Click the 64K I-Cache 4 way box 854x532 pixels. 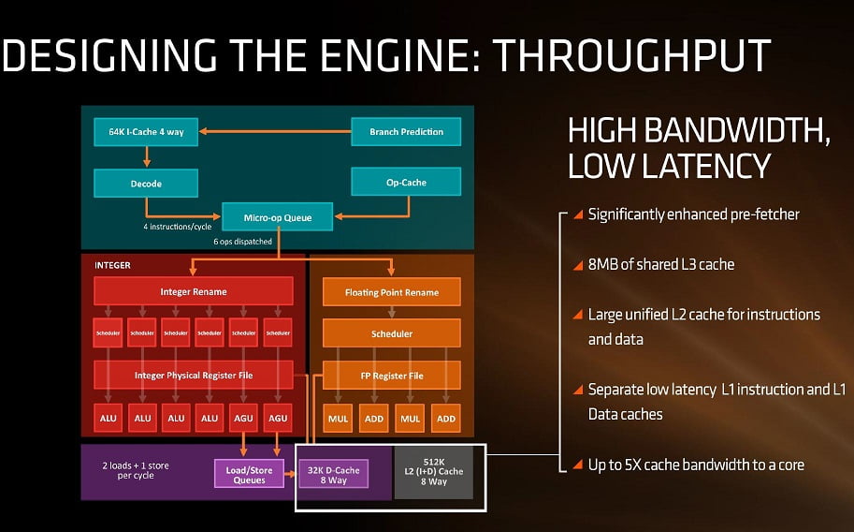click(146, 132)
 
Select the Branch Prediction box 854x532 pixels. click(406, 132)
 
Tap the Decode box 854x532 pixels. click(146, 183)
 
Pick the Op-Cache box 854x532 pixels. click(406, 182)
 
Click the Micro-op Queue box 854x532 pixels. click(278, 217)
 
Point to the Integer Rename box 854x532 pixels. click(194, 291)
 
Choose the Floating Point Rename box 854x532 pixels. click(392, 291)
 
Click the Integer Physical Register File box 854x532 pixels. click(194, 376)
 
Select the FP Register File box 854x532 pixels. click(392, 376)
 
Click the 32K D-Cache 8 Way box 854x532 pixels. click(333, 474)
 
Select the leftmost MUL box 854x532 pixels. click(339, 418)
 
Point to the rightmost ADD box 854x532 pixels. click(446, 418)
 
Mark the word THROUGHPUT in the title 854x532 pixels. click(632, 56)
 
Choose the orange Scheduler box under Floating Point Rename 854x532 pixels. click(392, 333)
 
